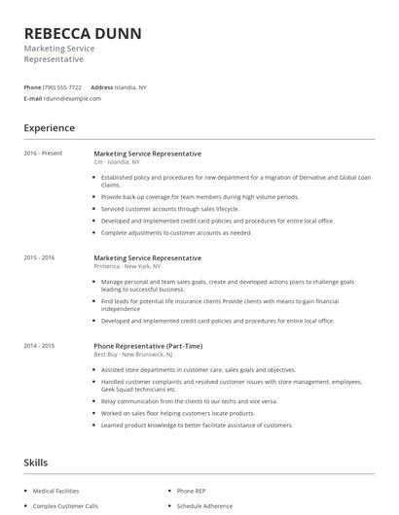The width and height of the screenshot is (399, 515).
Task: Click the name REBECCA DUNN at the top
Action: click(83, 33)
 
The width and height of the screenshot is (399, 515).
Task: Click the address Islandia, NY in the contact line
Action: click(131, 86)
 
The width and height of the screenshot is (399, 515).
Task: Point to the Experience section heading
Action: click(49, 128)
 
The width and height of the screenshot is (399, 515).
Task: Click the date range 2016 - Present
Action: click(42, 154)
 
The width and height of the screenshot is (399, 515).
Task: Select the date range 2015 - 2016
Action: click(40, 257)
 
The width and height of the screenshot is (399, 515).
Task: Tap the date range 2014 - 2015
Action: click(40, 346)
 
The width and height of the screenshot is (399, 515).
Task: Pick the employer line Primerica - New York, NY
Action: click(127, 266)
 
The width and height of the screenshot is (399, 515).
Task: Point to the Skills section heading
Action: click(36, 463)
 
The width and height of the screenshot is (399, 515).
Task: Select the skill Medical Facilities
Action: click(56, 491)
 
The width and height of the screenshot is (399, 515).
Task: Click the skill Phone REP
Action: click(191, 491)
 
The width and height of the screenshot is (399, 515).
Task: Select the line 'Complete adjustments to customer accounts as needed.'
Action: click(176, 232)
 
